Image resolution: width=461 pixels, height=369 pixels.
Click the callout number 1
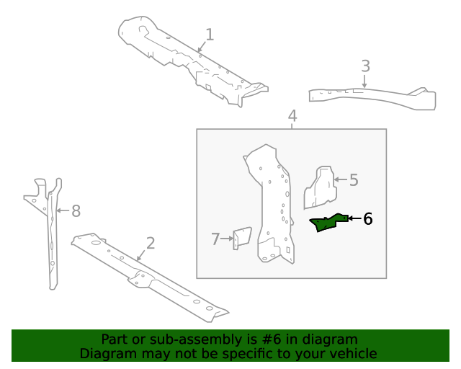point(210,35)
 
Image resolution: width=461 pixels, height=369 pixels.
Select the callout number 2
point(150,243)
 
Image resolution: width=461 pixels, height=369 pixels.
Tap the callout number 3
point(365,66)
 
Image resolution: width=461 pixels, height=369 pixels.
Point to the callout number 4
point(292,116)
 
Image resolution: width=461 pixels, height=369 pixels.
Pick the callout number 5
point(353,180)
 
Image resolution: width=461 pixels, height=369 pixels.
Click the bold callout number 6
point(367,218)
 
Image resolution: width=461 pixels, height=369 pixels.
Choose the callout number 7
point(215,239)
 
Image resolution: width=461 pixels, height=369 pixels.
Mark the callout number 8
point(76,211)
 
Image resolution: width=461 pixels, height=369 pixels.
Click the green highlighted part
point(328,223)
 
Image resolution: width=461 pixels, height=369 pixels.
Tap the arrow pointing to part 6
point(354,218)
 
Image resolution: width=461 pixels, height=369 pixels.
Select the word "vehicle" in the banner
point(352,353)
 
